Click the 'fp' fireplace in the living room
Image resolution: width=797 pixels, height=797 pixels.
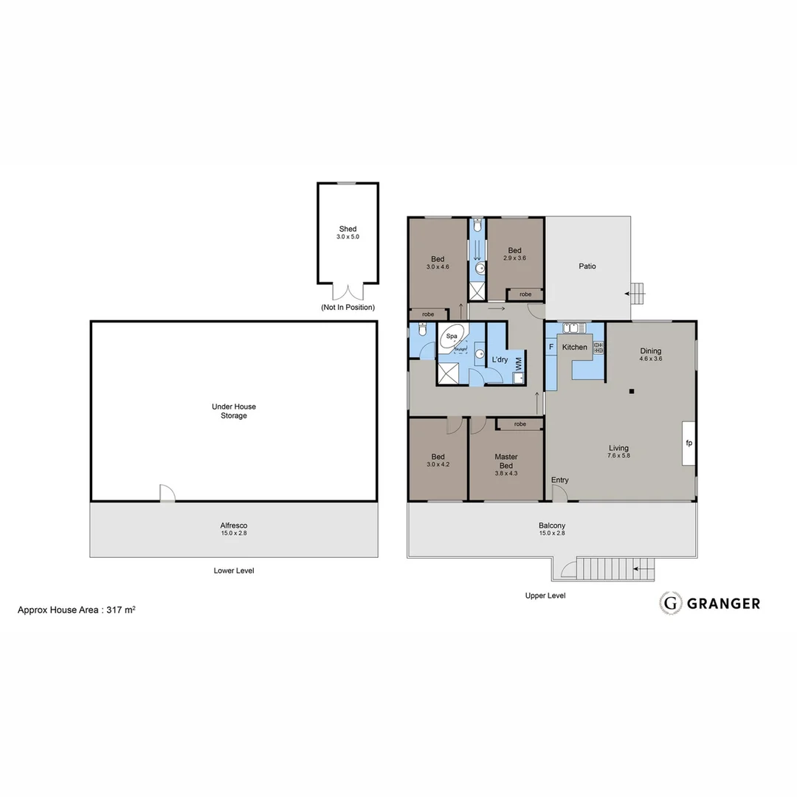tap(688, 444)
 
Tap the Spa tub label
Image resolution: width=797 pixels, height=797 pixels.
tap(452, 336)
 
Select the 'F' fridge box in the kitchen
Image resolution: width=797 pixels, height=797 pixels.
tap(551, 347)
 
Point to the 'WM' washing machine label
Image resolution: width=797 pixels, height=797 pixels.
tap(518, 363)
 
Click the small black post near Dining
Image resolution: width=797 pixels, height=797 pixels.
tap(632, 392)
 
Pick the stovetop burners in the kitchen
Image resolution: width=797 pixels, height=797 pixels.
tap(598, 347)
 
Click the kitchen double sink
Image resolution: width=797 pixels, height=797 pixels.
tap(573, 328)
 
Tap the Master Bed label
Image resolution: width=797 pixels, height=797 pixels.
tap(506, 461)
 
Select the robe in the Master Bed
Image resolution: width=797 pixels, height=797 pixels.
tap(520, 424)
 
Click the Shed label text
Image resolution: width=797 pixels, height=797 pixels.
tap(348, 229)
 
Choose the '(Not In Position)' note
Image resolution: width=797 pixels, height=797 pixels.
tap(348, 307)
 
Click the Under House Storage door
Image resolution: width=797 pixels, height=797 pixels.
tap(168, 493)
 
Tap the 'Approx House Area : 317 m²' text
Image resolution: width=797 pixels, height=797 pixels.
tap(76, 610)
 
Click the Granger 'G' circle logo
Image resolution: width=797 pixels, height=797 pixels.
tap(670, 603)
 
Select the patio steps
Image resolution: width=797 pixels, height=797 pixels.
tap(638, 294)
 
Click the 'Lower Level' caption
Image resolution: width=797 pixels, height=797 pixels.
tap(234, 570)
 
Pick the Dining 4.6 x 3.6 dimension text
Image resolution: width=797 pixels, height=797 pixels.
tap(650, 359)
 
